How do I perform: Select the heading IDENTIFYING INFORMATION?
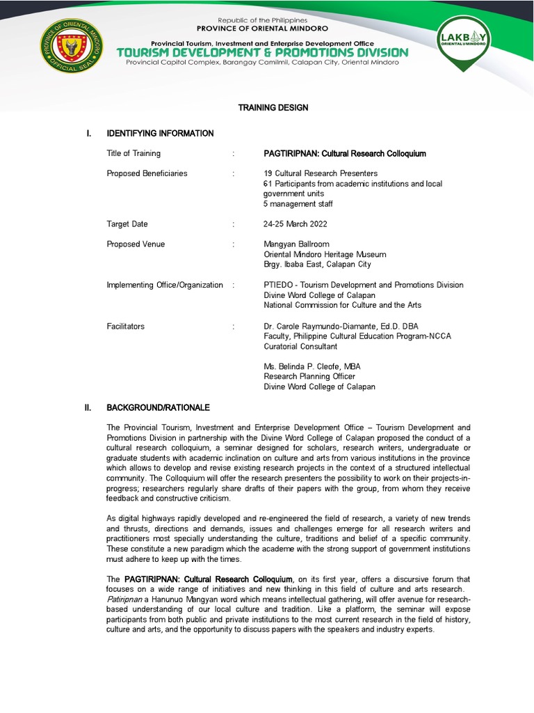coord(159,133)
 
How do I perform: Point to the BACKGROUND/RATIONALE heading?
coord(157,407)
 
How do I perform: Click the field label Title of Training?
coord(133,153)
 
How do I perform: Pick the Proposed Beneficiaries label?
coord(147,173)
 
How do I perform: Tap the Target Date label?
coord(127,224)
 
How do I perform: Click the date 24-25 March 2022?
coord(296,224)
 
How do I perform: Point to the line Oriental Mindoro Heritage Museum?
coord(325,254)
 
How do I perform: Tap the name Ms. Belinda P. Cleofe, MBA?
coord(311,366)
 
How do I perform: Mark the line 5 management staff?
coord(298,204)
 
